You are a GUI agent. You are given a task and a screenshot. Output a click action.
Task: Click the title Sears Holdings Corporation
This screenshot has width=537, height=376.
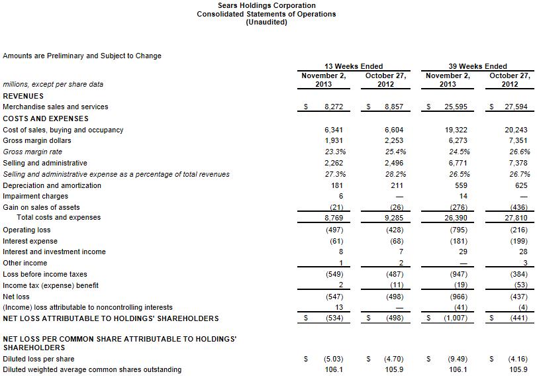(x=266, y=5)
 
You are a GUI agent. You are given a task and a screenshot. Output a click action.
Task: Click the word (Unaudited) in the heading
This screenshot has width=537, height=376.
(x=266, y=22)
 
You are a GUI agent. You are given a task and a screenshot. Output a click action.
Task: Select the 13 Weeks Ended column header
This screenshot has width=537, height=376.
(x=354, y=66)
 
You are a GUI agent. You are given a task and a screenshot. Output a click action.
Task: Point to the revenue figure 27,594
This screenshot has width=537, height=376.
(x=515, y=107)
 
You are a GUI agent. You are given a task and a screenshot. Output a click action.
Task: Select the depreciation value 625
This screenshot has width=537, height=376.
(x=521, y=185)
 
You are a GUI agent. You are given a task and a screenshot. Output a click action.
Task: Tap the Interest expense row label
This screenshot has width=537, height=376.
(x=30, y=241)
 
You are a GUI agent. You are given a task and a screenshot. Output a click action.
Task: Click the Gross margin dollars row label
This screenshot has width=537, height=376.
(x=37, y=140)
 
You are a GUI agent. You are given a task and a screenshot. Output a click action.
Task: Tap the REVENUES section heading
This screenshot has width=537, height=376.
(x=23, y=95)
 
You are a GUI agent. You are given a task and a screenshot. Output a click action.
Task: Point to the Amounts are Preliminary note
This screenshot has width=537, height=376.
(x=82, y=56)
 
